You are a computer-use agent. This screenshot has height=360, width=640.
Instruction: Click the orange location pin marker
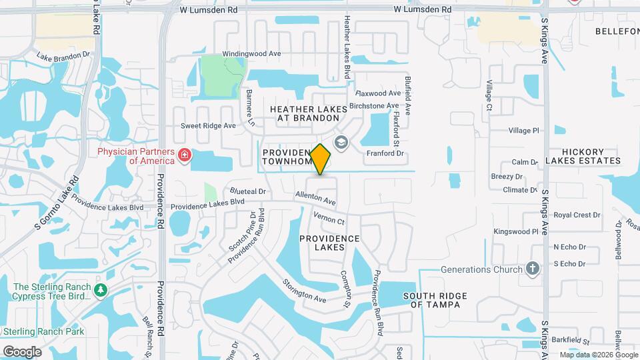pyautogui.click(x=321, y=159)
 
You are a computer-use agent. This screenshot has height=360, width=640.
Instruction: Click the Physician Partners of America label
pyautogui.click(x=136, y=155)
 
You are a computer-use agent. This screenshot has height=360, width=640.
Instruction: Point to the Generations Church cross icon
pyautogui.click(x=532, y=269)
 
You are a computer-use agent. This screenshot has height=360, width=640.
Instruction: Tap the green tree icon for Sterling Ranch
pyautogui.click(x=100, y=291)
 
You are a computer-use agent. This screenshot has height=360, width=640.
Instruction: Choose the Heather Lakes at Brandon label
pyautogui.click(x=309, y=113)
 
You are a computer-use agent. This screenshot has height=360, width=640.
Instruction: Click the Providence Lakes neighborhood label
pyautogui.click(x=329, y=243)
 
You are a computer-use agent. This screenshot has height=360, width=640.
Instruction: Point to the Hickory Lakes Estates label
pyautogui.click(x=583, y=156)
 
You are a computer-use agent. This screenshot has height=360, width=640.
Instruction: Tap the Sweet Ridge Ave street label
pyautogui.click(x=209, y=125)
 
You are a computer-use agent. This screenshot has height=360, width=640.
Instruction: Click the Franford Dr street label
pyautogui.click(x=385, y=153)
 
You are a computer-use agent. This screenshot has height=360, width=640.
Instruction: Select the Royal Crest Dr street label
pyautogui.click(x=577, y=215)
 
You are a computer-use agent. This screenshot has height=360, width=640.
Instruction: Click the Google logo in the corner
pyautogui.click(x=22, y=351)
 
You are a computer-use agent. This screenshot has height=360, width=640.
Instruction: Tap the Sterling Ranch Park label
pyautogui.click(x=43, y=331)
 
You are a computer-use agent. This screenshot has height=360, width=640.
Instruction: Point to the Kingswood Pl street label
pyautogui.click(x=515, y=231)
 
